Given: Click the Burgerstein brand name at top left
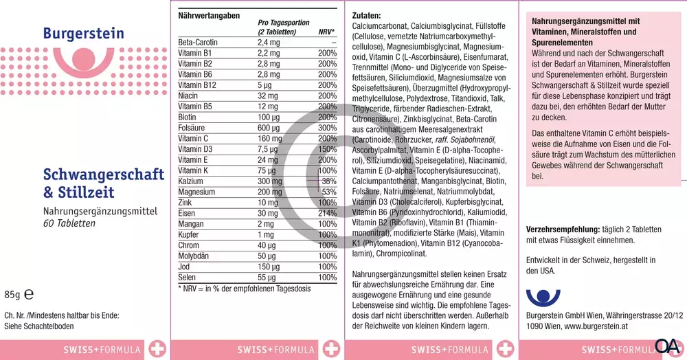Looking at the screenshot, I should click(x=83, y=34).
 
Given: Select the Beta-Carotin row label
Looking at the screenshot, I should click(x=198, y=43).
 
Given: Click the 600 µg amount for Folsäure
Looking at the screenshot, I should click(x=269, y=128).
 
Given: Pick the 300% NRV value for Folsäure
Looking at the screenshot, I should click(x=327, y=128).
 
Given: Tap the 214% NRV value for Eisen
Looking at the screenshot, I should click(x=327, y=213).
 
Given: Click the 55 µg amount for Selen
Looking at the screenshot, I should click(x=267, y=277).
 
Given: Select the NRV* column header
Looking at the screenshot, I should click(x=327, y=32).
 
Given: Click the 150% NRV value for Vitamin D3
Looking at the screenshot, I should click(x=327, y=149).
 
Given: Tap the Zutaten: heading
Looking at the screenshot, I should click(x=366, y=15).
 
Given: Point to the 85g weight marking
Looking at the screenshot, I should click(x=13, y=293).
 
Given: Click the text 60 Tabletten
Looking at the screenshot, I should click(x=69, y=223).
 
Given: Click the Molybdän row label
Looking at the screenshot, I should click(x=195, y=256).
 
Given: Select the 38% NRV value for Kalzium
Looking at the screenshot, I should click(x=328, y=181).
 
